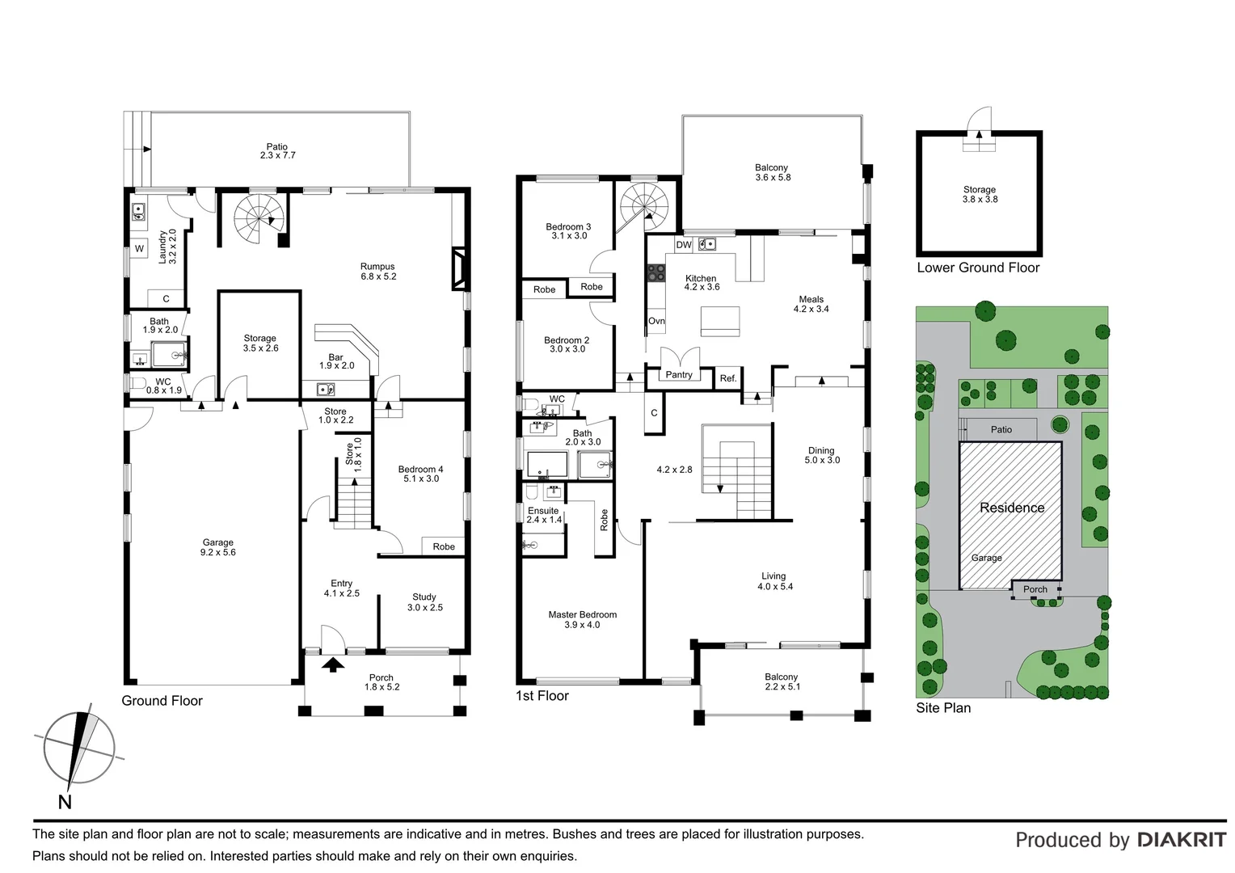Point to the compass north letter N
point(65,802)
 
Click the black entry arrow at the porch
point(332,664)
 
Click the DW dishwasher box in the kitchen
point(684,245)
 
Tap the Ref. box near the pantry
point(728,378)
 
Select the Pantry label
point(679,375)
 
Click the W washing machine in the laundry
point(139,248)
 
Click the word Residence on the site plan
point(1012,508)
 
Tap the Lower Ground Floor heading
point(978,268)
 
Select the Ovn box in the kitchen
point(656,321)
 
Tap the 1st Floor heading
point(542,695)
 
